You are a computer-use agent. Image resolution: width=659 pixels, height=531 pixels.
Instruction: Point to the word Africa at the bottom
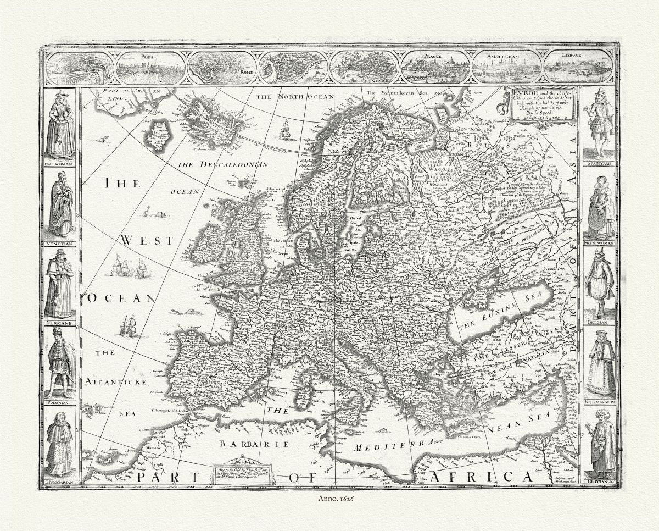click(x=481, y=476)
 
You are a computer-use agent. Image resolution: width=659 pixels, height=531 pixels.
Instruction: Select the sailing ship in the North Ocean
click(x=284, y=130)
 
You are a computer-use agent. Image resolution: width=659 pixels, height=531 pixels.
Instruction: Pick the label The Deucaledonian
click(x=222, y=164)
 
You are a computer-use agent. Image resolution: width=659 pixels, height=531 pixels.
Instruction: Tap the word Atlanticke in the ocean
click(x=115, y=381)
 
